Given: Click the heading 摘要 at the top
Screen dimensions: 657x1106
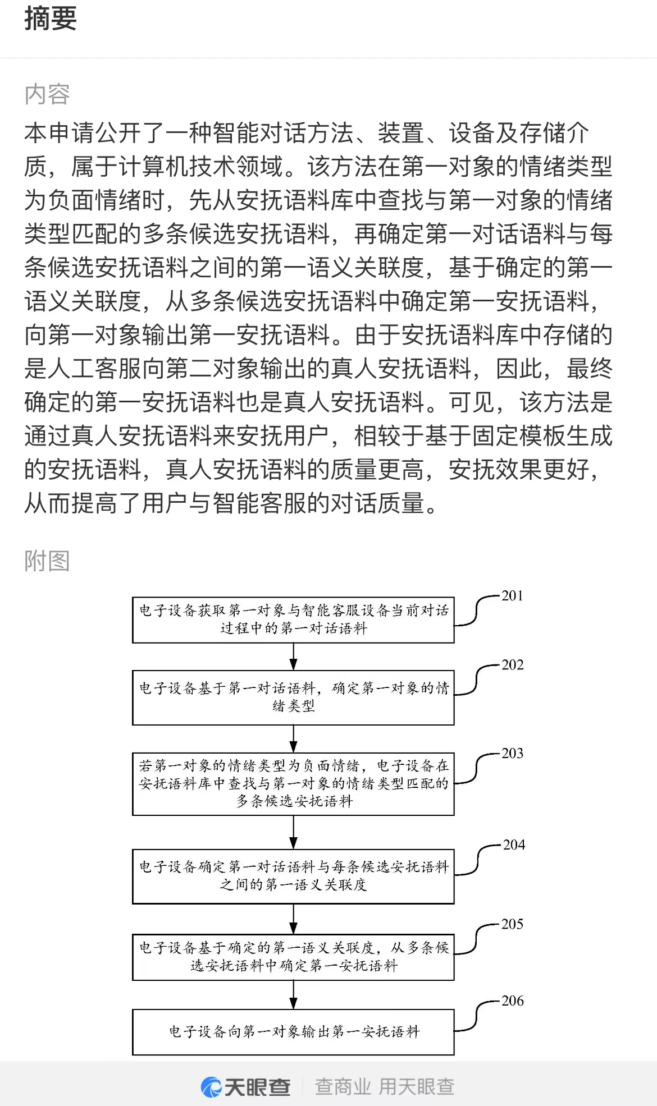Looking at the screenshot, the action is coord(51,18).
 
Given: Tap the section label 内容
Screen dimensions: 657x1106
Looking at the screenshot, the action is coord(47,94).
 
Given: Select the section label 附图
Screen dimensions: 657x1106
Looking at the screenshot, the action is coord(47,561).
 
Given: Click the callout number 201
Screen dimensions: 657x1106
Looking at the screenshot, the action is coord(512,596).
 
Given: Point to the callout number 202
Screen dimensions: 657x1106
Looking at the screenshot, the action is coord(512,665).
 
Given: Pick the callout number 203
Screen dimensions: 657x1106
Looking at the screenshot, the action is coord(512,753).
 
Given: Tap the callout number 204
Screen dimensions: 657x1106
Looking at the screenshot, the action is coord(514,845).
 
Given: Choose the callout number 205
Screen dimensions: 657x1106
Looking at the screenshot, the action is coord(512,924).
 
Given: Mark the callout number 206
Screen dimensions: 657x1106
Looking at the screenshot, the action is coord(512,1001).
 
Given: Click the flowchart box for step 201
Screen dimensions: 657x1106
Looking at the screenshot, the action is coord(293,620).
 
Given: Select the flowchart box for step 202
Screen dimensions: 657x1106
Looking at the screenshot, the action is coord(293,697).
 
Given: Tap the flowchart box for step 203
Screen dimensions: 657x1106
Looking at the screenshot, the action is coord(293,784).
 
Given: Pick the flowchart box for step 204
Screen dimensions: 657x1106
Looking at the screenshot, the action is coord(293,876).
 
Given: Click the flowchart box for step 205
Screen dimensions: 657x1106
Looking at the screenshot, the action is coord(293,957).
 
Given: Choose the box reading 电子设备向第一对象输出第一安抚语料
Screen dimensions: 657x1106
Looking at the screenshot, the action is coord(293,1032).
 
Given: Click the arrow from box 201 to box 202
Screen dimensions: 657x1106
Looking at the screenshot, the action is coord(293,657).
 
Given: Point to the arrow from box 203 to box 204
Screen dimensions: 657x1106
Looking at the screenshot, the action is coord(293,833).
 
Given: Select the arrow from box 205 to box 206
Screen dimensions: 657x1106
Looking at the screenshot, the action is coord(293,995).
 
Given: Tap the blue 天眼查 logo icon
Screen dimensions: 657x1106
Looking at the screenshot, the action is coord(211,1087).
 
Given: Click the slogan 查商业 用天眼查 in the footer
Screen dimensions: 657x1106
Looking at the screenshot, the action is coord(385,1087).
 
